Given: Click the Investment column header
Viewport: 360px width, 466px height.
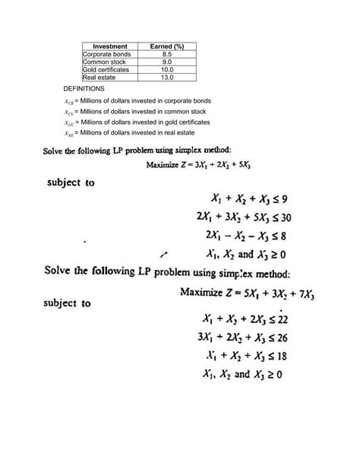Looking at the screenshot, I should click(x=110, y=47).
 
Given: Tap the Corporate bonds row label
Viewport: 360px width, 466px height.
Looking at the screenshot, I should click(x=107, y=55).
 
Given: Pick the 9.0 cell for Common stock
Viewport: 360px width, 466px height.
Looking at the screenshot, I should click(x=168, y=62).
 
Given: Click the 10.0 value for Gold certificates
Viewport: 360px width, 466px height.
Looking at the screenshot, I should click(x=168, y=70).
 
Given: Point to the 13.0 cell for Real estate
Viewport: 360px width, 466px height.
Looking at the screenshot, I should click(x=168, y=78).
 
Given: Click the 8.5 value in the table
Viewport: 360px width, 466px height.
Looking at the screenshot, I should click(x=168, y=55).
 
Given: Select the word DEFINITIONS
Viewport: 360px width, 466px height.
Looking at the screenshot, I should click(x=84, y=89).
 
